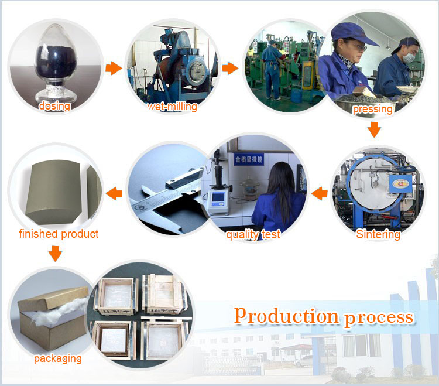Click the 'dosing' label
54,106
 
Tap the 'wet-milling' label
172,107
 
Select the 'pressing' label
372,109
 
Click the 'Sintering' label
378,234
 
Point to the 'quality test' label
253,234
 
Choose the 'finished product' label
59,234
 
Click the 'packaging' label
58,358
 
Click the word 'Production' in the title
286,316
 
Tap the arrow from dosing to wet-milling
114,68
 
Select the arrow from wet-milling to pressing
230,68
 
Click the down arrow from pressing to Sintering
374,129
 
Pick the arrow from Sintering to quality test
320,193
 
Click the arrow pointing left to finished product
114,193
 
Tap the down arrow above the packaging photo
55,254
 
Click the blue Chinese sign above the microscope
249,159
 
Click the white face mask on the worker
409,57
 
